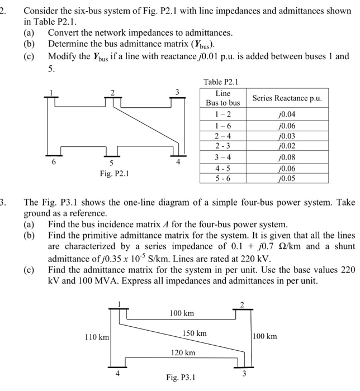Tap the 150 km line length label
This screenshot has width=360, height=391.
195,333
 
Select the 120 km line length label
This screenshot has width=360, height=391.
183,352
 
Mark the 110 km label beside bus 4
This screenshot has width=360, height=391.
96,337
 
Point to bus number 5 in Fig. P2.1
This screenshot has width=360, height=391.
111,163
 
